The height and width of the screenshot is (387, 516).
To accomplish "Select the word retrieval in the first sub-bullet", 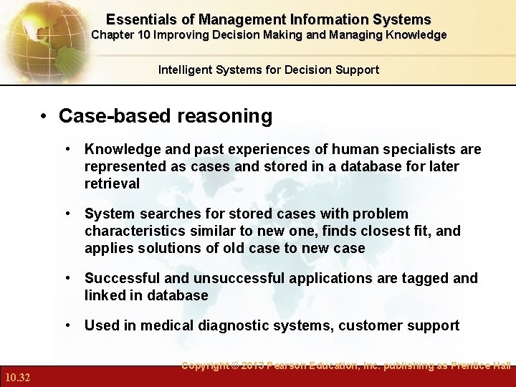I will click(x=112, y=183).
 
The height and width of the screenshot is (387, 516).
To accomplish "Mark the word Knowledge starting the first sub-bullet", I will click(x=120, y=149).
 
